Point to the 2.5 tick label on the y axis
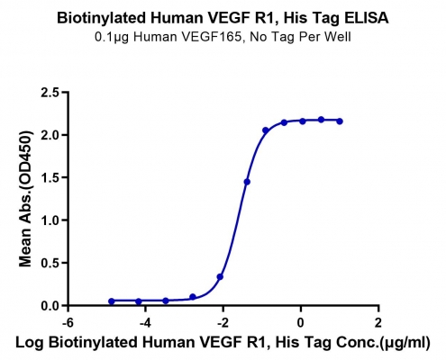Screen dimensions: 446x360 50,92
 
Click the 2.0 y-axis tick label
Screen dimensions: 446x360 50,135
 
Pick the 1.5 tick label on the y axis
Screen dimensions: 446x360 50,177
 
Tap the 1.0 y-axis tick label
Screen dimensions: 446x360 50,220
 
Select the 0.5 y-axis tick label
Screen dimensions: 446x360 50,263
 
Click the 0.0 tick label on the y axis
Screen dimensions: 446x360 50,306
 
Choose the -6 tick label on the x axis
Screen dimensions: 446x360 68,323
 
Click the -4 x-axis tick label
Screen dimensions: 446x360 145,323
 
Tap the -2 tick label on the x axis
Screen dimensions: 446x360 223,323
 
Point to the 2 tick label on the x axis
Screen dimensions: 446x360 378,323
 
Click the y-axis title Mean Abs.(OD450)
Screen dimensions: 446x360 25,199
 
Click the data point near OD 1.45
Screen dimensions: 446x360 247,182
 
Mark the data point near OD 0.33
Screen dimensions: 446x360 220,276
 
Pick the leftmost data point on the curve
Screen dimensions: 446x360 112,301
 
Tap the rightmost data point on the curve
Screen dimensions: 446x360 340,121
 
